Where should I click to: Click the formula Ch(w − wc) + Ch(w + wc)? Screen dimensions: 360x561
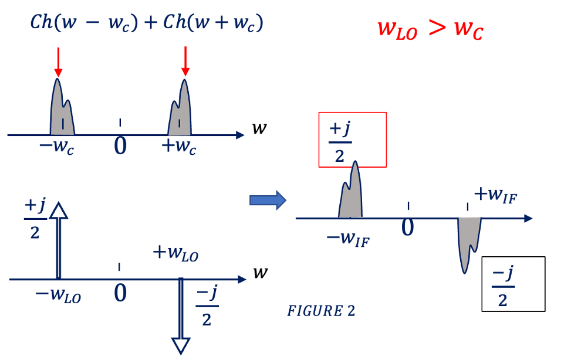147,23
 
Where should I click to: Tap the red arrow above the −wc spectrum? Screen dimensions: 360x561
58,62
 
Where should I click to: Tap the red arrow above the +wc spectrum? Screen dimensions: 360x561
185,62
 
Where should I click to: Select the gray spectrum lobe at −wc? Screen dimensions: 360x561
61,111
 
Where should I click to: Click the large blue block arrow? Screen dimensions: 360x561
267,201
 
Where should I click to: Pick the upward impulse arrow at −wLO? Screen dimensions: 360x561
58,240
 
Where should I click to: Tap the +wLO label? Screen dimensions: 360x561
175,254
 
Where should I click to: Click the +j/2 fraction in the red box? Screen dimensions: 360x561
340,141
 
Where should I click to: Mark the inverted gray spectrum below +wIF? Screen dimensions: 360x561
468,240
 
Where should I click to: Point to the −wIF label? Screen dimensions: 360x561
348,239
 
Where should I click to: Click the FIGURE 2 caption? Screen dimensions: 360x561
320,311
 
